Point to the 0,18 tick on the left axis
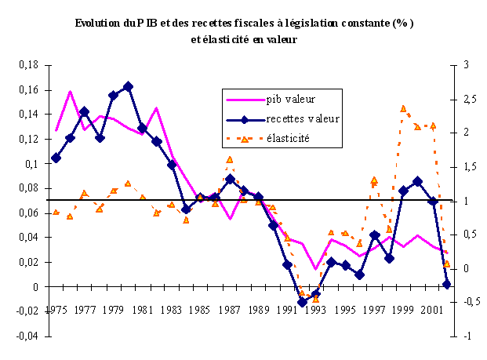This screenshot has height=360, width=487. pos(27,66)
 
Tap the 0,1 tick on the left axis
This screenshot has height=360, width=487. pos(30,164)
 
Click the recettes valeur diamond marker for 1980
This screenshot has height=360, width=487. pos(128,86)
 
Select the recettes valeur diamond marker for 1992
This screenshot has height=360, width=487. pos(302,301)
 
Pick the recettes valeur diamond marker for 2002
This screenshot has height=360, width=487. pos(447,284)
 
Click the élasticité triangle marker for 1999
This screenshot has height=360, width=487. pos(403,109)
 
